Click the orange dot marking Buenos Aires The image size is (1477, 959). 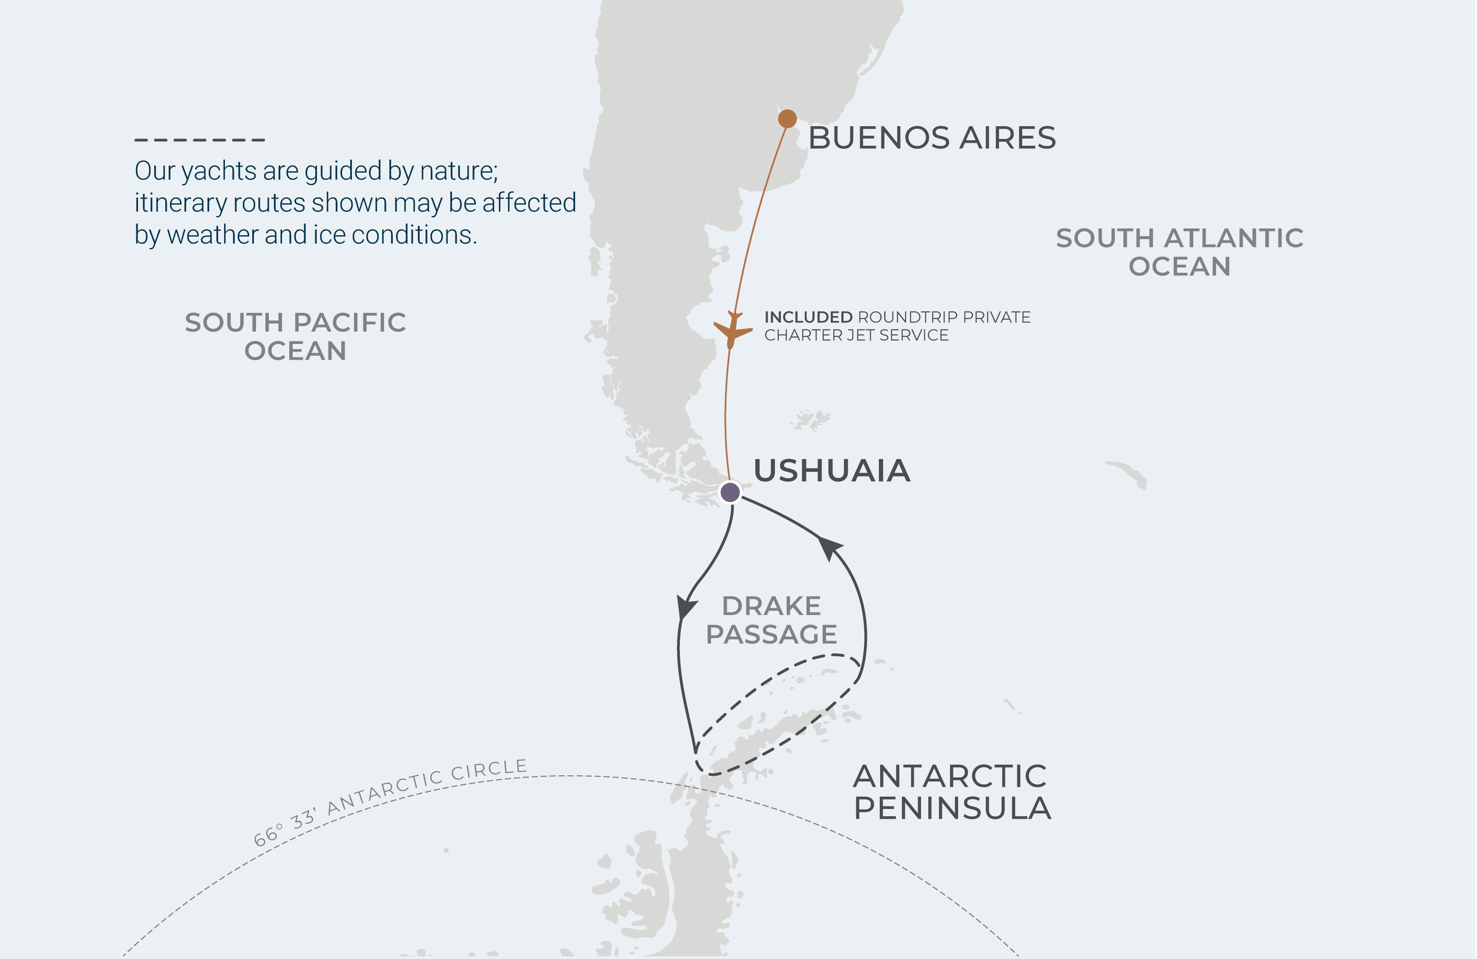pos(787,118)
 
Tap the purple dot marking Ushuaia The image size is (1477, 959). pos(730,492)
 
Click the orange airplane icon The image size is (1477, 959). pos(732,330)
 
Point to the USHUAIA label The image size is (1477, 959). pos(832,471)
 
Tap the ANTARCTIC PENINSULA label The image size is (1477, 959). pos(951,792)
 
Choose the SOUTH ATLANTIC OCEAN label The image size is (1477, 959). pos(1179,252)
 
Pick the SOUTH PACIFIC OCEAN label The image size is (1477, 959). pos(295,336)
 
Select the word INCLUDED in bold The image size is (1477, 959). pos(808,317)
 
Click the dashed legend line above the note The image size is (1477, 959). pos(200,140)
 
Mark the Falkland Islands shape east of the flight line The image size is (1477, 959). pos(810,420)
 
